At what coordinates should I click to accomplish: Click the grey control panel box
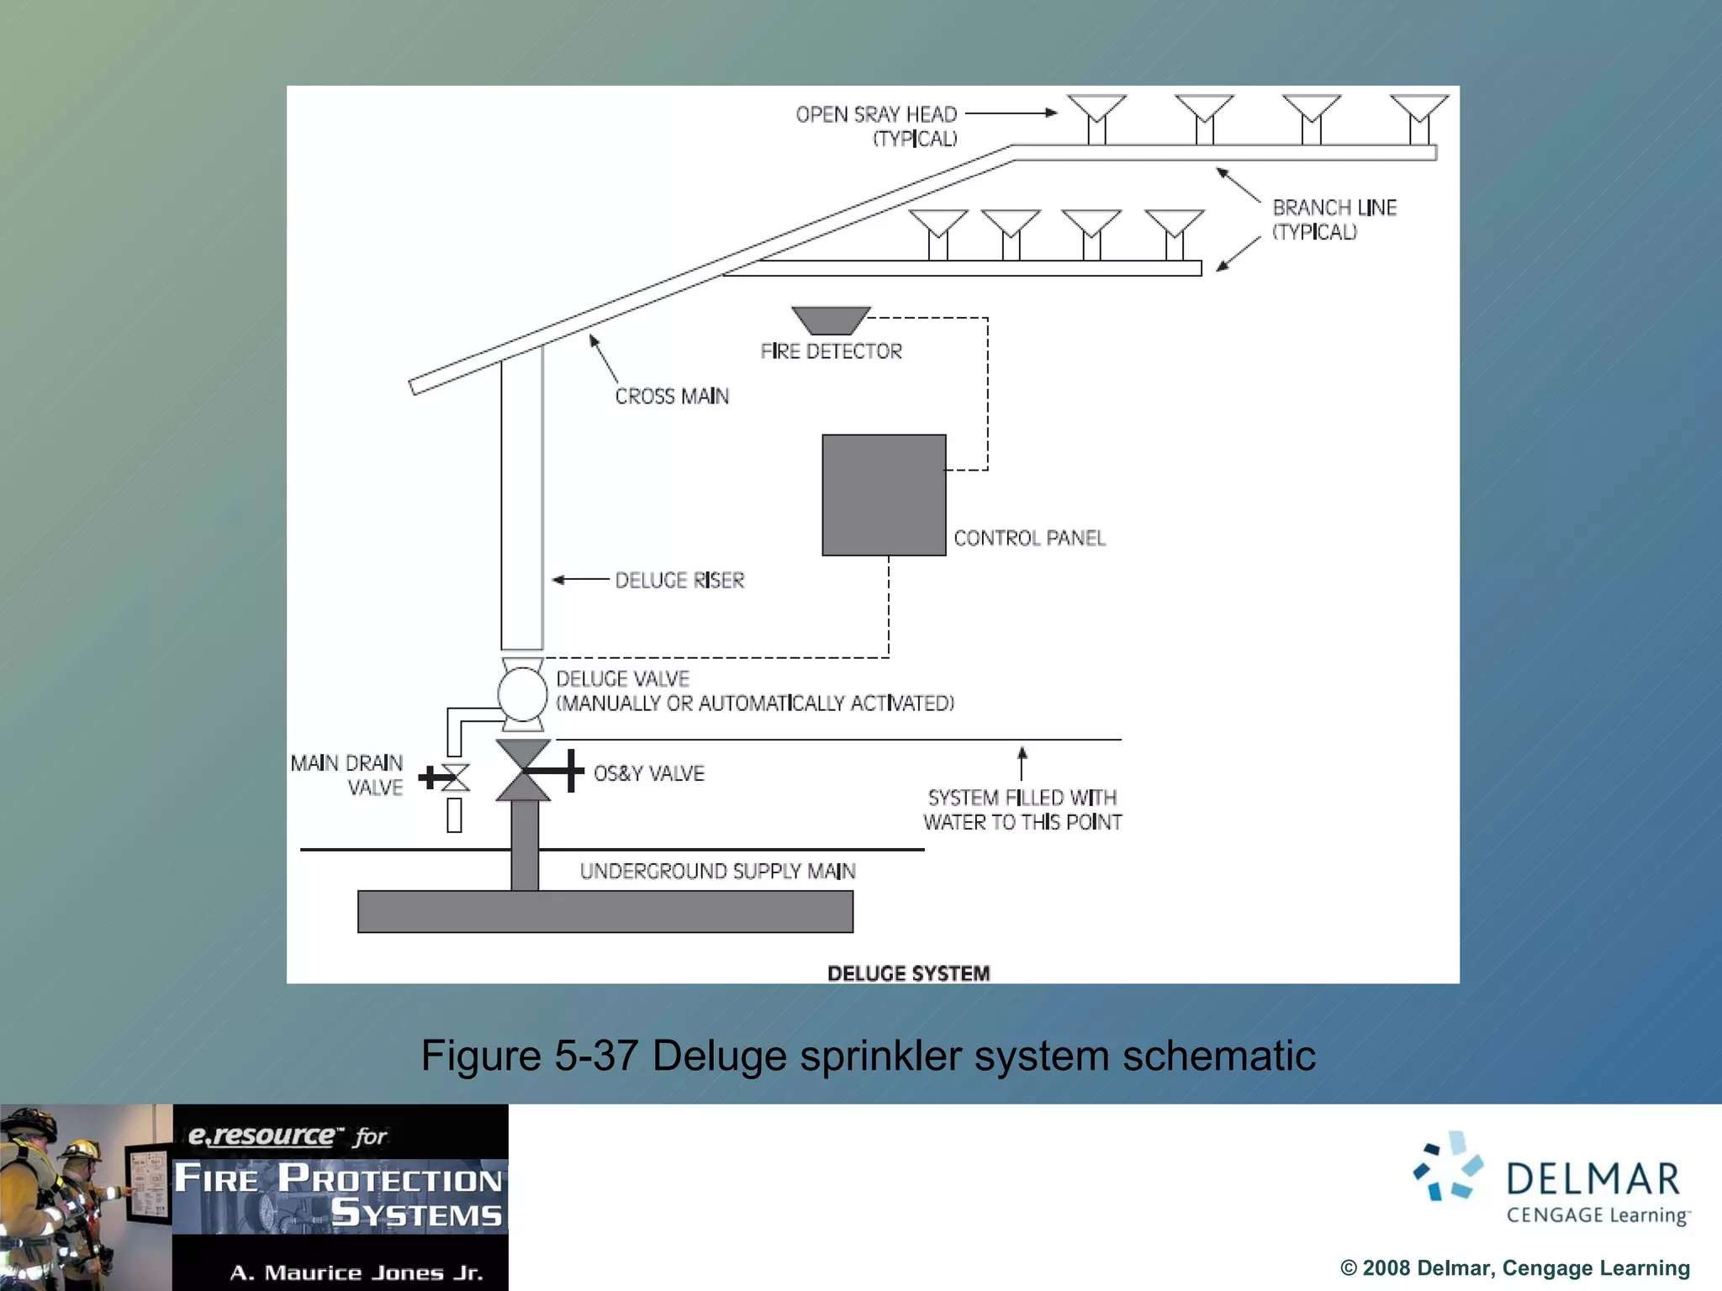884,495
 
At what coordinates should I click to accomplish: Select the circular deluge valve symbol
522,694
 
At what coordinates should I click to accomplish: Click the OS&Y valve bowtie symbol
524,770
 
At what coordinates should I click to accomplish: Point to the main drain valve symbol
455,777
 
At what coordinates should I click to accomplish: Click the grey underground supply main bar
605,911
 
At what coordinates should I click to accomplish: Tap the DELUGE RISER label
679,580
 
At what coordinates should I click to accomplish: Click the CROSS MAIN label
672,396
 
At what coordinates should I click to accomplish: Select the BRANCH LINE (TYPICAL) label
1334,219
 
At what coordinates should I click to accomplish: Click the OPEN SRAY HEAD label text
876,114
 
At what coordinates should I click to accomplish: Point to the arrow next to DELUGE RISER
580,580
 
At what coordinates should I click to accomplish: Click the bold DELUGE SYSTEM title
908,973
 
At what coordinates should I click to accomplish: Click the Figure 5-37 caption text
868,1056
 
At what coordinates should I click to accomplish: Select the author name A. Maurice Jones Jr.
357,1273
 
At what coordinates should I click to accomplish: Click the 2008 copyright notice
1514,1267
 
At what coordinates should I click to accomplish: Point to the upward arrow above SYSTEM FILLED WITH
1022,762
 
